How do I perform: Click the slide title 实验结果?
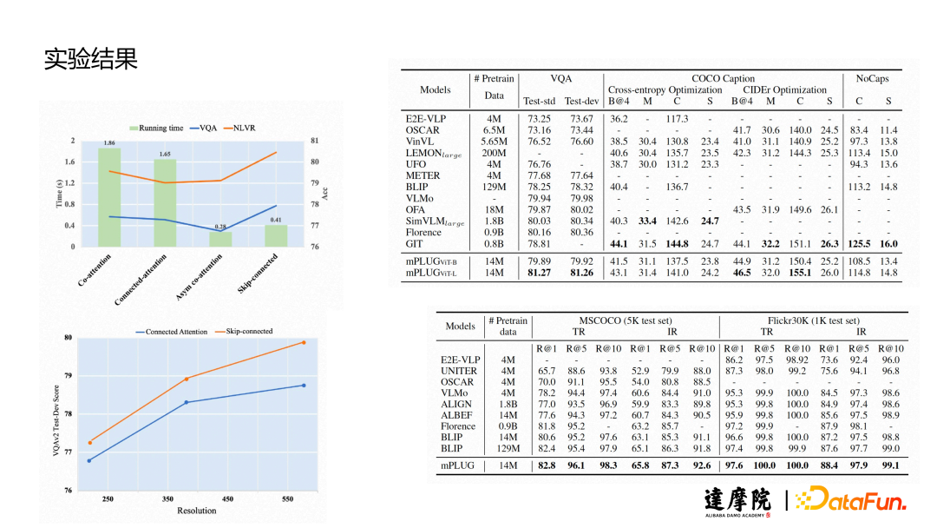(91, 59)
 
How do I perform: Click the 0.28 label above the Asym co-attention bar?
(220, 227)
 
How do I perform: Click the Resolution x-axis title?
(197, 511)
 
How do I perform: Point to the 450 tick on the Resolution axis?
(227, 498)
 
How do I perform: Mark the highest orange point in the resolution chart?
(303, 342)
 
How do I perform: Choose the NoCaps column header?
(872, 78)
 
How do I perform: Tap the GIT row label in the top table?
(415, 244)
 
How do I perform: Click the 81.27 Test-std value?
(539, 273)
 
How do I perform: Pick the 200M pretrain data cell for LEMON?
(494, 153)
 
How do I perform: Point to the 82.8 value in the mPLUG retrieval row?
(547, 466)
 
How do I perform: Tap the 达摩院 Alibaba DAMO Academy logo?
(737, 502)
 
